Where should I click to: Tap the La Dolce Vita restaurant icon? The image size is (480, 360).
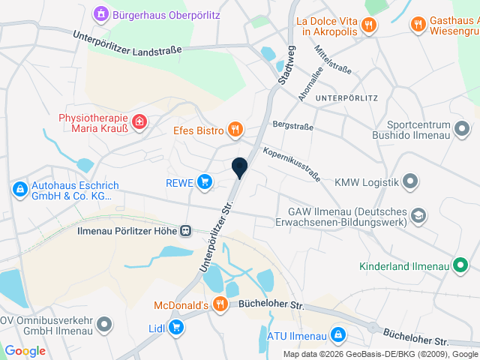coord(367,25)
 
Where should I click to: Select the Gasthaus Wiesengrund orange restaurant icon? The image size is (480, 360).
coord(418,25)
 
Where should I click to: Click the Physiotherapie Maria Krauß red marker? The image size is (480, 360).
coord(139,121)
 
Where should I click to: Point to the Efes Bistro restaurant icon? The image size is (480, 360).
coord(235,130)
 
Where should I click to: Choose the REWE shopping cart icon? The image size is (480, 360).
coord(204,181)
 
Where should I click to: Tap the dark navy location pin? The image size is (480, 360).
coord(240,168)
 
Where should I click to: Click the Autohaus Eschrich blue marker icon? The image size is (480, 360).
coord(19,189)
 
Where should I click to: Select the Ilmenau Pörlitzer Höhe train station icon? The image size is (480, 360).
coord(184,232)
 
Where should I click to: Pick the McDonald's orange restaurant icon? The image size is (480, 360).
coord(220,304)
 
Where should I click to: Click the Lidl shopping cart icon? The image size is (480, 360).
coord(175,326)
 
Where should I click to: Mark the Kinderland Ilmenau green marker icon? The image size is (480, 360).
coord(462,265)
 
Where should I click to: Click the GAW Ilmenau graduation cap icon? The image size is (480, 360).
coord(418,216)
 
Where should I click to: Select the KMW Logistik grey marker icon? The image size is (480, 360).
coord(410,181)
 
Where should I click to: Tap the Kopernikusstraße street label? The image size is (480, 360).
coord(292,165)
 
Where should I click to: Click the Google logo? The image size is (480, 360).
coord(25,350)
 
